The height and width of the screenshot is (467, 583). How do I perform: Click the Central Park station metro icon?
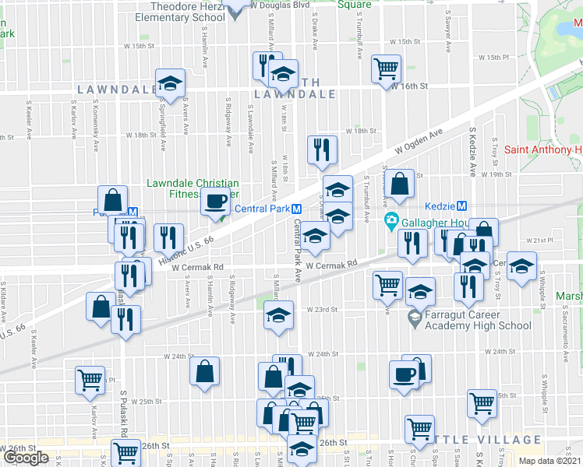click(297, 209)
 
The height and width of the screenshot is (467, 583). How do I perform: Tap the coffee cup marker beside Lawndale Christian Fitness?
click(215, 202)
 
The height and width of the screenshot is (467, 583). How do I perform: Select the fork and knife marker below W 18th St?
click(322, 149)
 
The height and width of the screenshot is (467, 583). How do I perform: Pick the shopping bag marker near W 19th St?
click(400, 185)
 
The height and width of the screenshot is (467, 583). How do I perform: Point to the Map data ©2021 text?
click(549, 461)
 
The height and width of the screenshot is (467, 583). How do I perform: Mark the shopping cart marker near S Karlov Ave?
click(90, 380)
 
